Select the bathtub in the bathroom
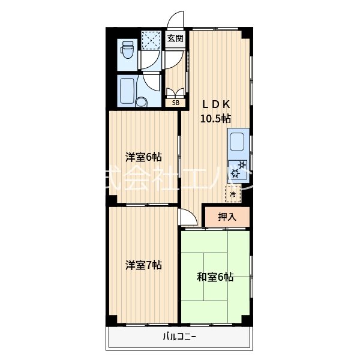pyautogui.click(x=127, y=91)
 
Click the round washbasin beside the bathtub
pyautogui.click(x=142, y=101)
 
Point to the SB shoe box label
pyautogui.click(x=175, y=103)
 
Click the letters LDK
pyautogui.click(x=215, y=103)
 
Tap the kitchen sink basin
pyautogui.click(x=237, y=143)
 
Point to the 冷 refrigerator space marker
pyautogui.click(x=232, y=194)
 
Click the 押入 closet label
pyautogui.click(x=227, y=217)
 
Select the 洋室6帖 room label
pyautogui.click(x=143, y=157)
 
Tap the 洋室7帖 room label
pyautogui.click(x=143, y=264)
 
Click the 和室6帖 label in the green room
pyautogui.click(x=215, y=277)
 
